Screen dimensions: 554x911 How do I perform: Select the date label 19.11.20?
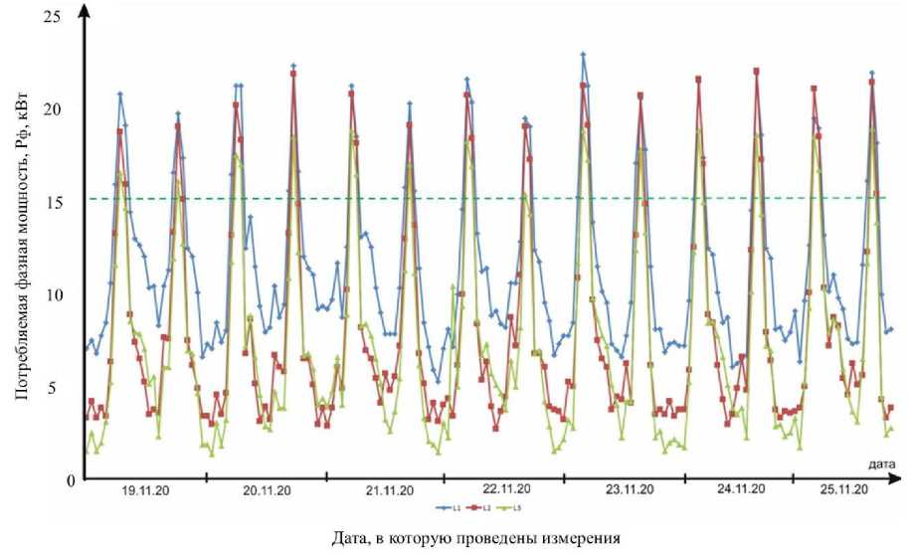(x=145, y=490)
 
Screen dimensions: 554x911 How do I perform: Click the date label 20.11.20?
(x=267, y=490)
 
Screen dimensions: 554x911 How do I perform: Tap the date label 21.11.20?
(x=388, y=490)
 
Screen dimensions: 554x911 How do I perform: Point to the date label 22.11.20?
(x=507, y=489)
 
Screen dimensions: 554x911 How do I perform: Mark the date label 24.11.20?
(x=741, y=489)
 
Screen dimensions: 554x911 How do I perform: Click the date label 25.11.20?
(x=844, y=489)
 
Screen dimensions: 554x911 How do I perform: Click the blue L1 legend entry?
(x=424, y=508)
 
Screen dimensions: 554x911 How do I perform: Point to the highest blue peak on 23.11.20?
(x=584, y=55)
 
